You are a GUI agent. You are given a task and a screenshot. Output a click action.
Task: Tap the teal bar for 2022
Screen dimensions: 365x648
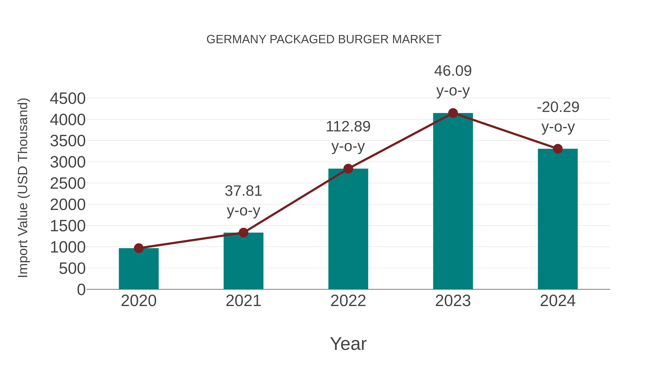(348, 229)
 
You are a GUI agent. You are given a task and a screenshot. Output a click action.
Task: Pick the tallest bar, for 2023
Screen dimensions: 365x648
(453, 202)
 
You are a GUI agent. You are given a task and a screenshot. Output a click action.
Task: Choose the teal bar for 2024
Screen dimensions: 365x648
(558, 219)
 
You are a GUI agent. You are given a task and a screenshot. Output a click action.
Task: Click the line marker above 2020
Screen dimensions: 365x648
(139, 248)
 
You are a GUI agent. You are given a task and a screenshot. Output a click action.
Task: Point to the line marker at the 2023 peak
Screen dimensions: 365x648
(453, 113)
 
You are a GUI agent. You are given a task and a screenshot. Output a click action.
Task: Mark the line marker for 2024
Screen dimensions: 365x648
(558, 149)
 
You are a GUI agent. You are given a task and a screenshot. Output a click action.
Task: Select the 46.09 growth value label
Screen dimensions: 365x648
(453, 71)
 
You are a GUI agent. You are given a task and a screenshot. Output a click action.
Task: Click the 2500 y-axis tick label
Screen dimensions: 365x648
(68, 184)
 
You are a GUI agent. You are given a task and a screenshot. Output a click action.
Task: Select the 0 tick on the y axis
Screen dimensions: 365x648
(81, 290)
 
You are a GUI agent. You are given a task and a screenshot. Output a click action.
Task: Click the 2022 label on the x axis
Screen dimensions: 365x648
(348, 301)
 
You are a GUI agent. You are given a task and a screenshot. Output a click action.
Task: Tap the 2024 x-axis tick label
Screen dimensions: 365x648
(558, 301)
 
